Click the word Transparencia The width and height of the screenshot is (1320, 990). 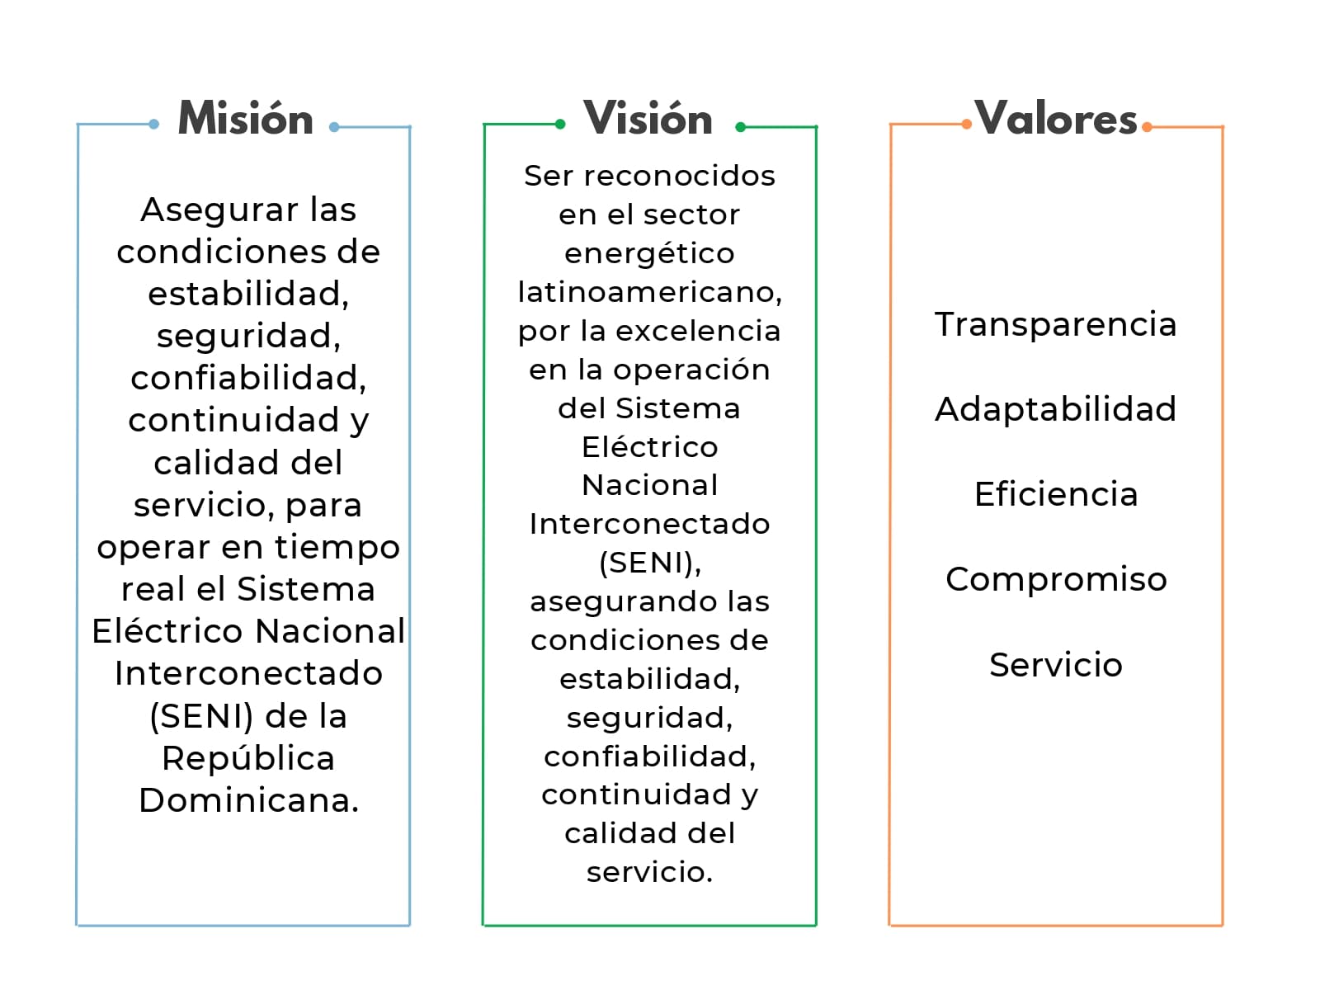1055,325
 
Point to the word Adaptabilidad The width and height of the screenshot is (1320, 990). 1055,410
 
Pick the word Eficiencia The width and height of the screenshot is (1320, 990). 1056,494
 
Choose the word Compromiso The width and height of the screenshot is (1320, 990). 1056,580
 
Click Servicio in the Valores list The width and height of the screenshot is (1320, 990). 1056,664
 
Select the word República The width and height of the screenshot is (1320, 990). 248,757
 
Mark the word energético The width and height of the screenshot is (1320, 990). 649,253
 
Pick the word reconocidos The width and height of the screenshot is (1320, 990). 680,176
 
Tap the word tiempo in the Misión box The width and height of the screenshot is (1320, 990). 337,548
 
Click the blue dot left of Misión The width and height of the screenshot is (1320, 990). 154,125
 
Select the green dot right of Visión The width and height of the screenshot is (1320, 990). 741,127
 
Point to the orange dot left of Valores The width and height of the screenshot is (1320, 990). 966,125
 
